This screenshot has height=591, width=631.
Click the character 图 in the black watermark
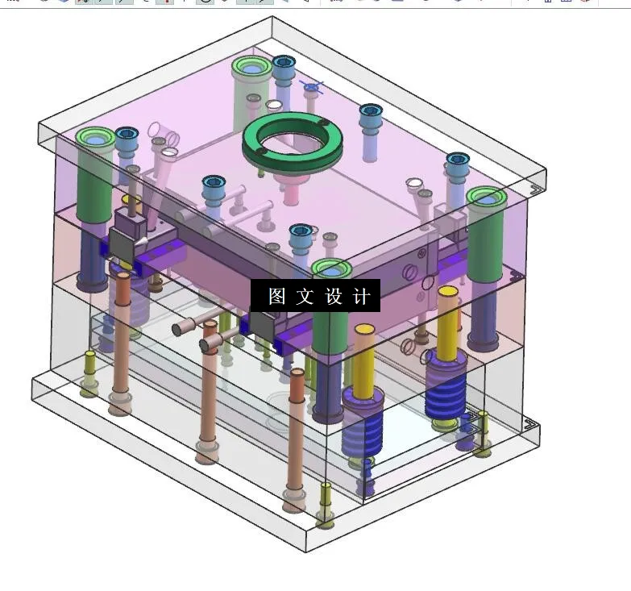pos(276,296)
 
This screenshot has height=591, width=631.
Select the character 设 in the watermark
pos(334,296)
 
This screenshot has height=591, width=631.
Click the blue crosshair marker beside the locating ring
pos(312,85)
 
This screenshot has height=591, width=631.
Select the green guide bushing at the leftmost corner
pos(95,139)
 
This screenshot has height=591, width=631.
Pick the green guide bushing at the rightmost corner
pos(487,198)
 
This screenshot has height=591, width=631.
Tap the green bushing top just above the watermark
pos(331,268)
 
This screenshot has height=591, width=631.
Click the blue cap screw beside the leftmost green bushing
pos(127,136)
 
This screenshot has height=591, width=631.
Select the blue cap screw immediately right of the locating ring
pos(371,113)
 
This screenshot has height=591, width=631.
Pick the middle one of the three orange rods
pos(209,387)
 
